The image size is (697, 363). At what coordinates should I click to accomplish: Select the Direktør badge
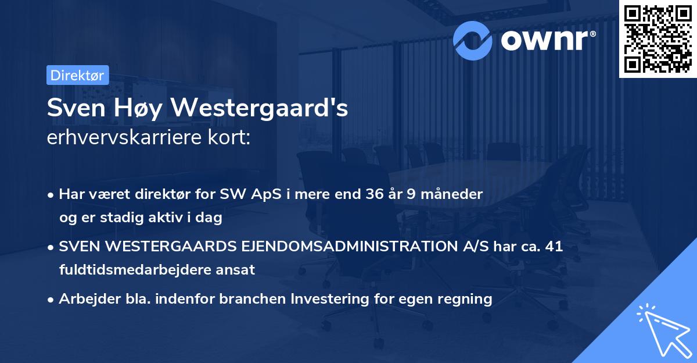(77, 76)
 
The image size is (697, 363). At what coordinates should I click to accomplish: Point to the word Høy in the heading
(135, 109)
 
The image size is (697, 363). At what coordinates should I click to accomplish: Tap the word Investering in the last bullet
(328, 299)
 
